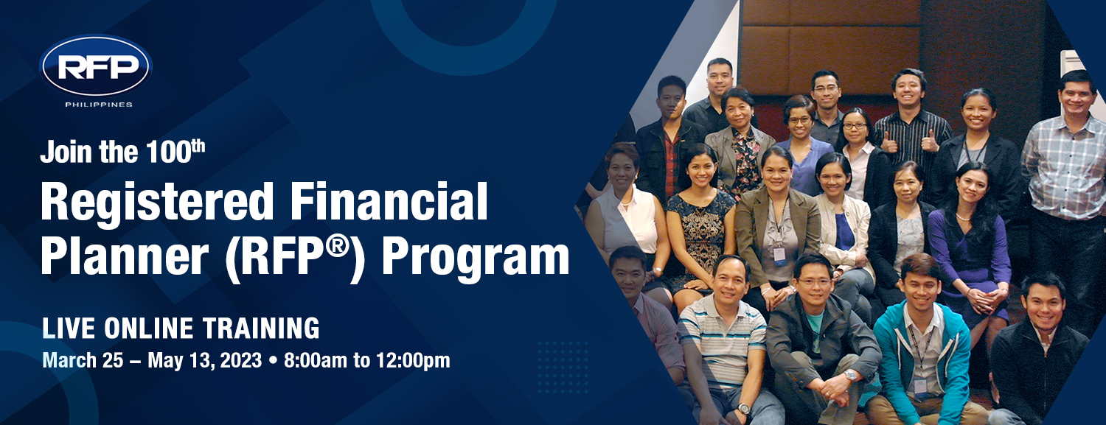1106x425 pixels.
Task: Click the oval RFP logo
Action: (96, 65)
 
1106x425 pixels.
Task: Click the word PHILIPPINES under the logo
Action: (99, 105)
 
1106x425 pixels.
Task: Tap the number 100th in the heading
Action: (175, 151)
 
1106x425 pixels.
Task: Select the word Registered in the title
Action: (157, 202)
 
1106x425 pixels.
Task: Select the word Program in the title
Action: (476, 259)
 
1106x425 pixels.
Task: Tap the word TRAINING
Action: (261, 329)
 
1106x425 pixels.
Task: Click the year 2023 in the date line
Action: (241, 360)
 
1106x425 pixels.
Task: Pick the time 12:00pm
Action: (413, 360)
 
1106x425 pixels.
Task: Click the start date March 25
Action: (83, 360)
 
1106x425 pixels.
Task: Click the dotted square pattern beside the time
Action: (563, 368)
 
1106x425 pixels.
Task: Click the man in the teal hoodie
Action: (922, 340)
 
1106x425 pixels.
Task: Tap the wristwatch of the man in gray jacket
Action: (850, 376)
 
